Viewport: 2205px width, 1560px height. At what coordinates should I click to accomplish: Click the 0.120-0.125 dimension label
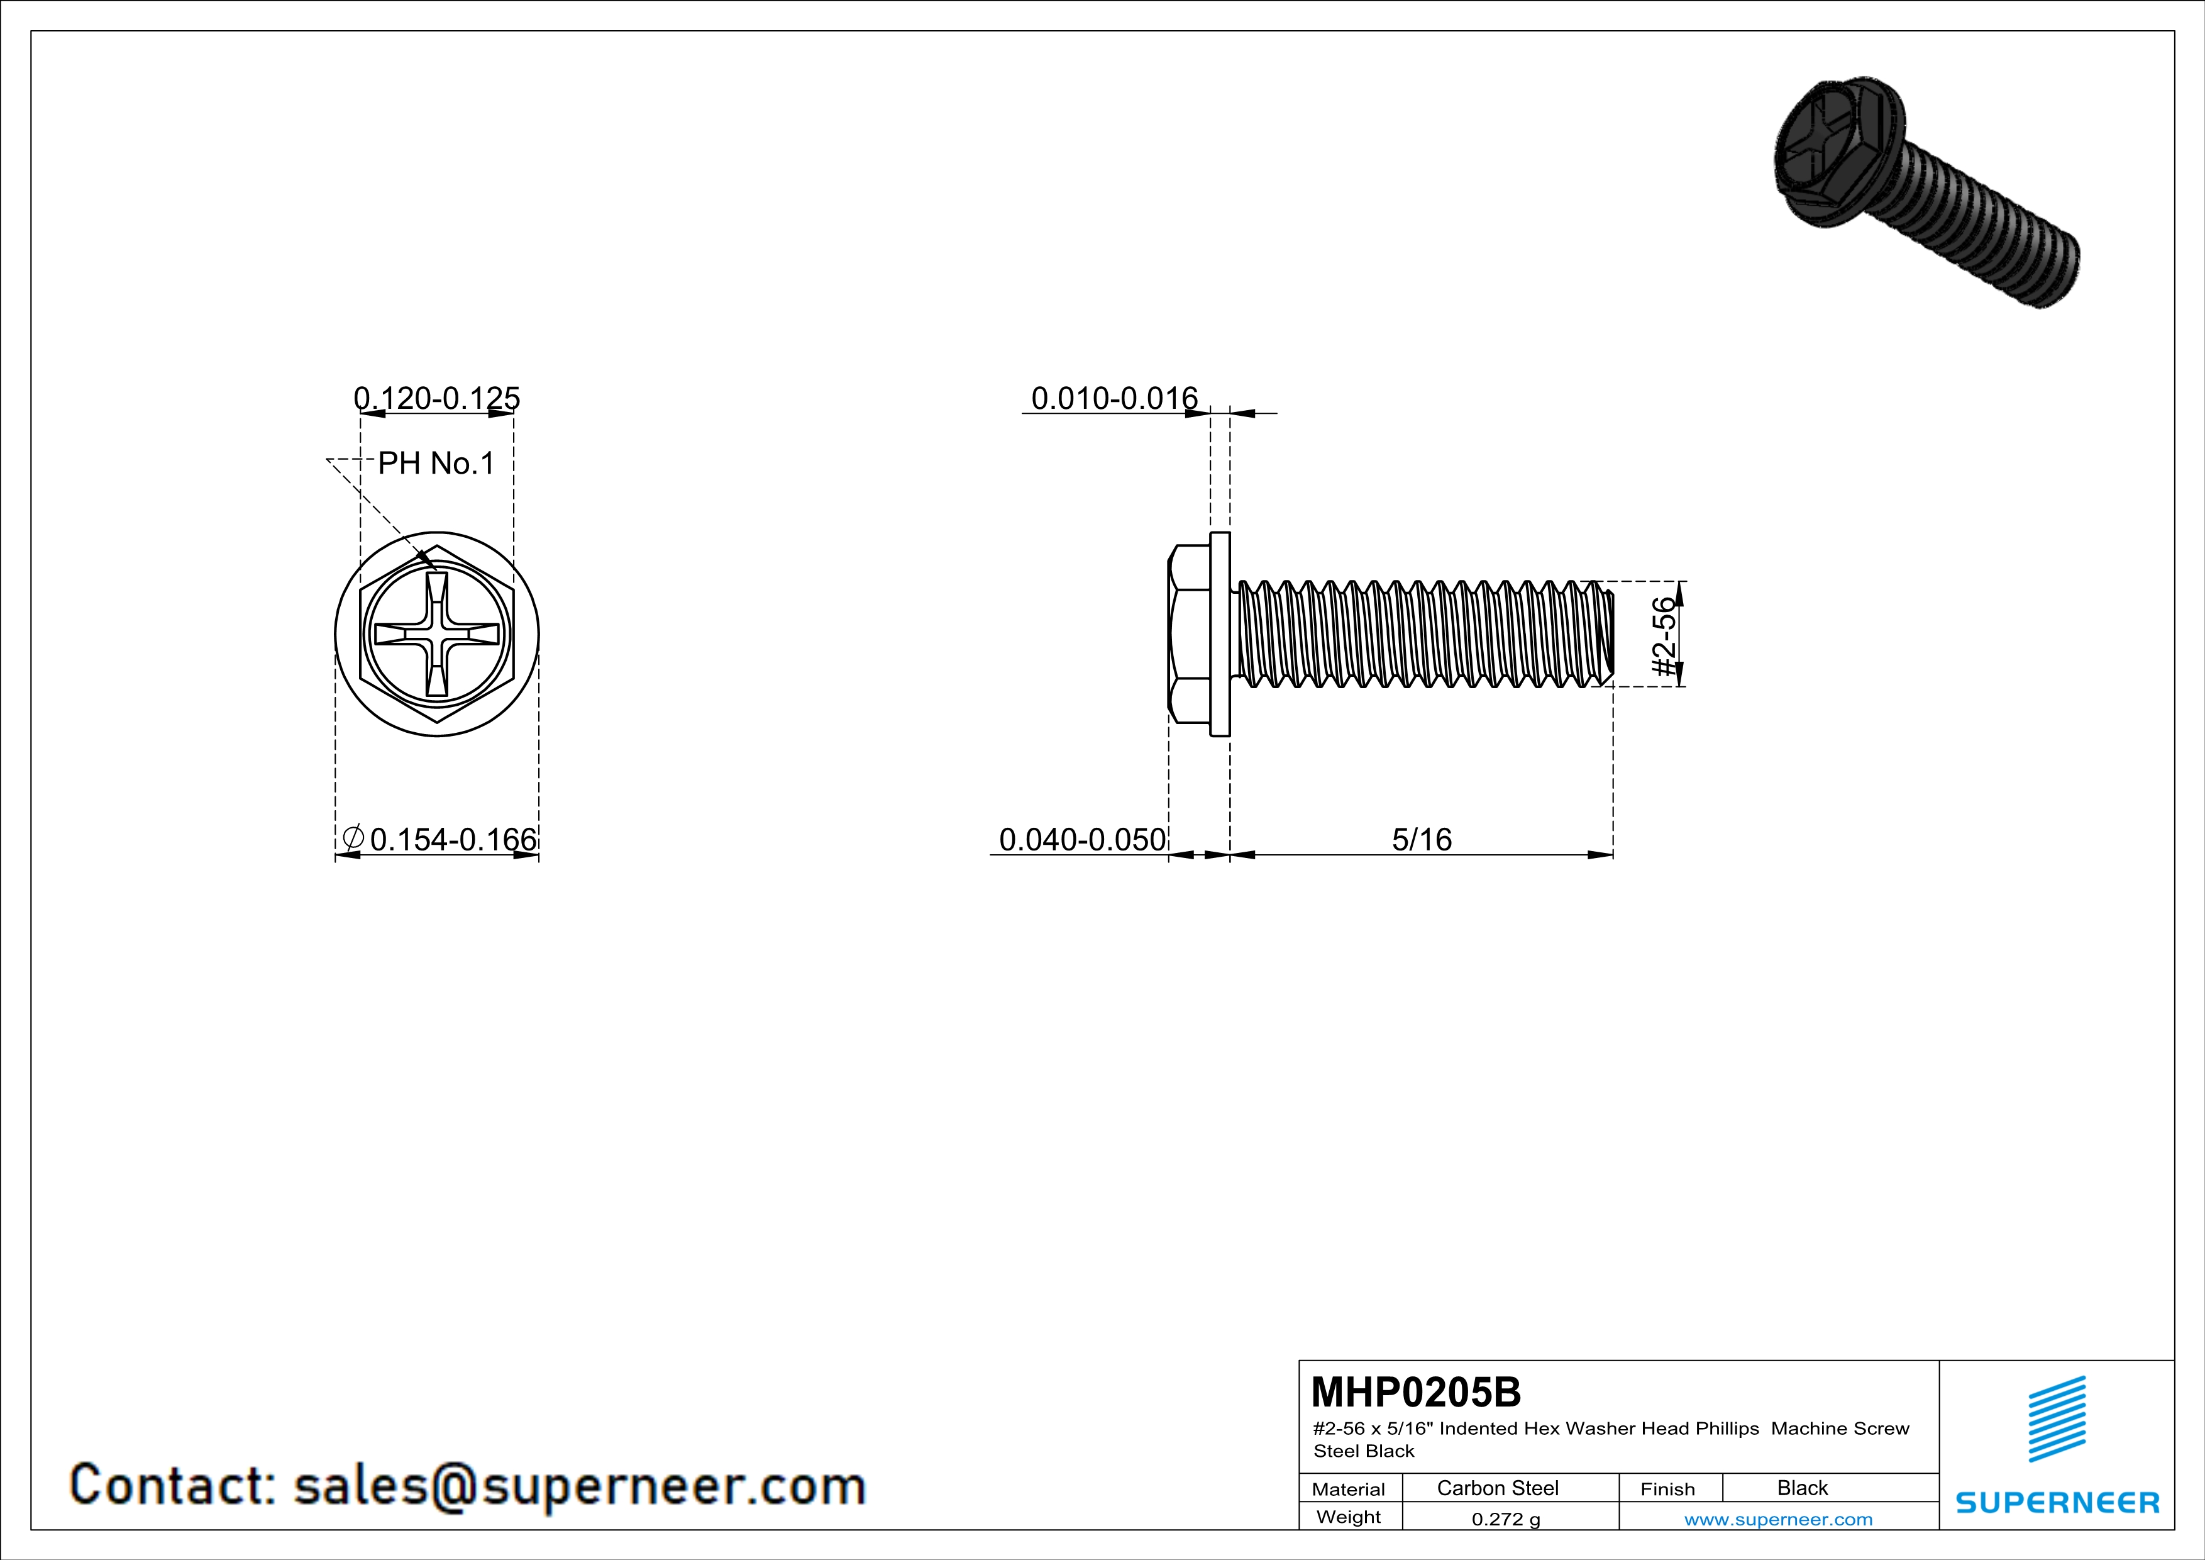437,398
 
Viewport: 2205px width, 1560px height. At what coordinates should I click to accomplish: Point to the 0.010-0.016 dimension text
1114,398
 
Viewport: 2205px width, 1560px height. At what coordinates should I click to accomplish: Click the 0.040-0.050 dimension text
1082,840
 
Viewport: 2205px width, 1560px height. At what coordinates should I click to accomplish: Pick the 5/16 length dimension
1422,840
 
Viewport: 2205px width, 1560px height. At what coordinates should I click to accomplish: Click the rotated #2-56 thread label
1666,636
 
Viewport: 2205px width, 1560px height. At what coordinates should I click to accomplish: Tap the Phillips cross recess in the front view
437,635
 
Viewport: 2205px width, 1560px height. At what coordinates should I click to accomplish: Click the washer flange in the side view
1220,634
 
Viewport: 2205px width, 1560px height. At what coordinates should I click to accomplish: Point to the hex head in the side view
1189,634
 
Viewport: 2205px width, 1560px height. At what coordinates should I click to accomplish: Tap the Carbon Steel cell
1497,1488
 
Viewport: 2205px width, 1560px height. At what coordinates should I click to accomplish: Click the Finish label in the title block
1667,1489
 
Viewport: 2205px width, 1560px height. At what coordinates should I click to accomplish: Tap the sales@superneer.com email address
579,1486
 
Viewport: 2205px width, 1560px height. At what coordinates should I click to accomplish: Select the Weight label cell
1349,1517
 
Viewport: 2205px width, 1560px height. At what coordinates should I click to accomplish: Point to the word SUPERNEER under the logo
2057,1502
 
